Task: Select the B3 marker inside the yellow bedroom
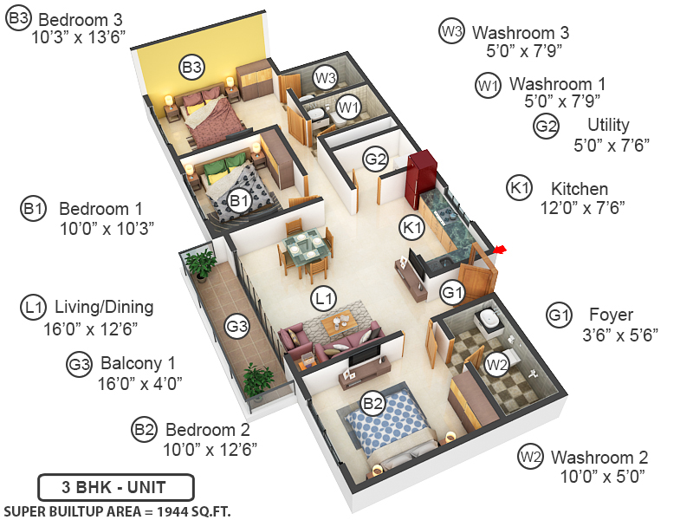[x=191, y=66]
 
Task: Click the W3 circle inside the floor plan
[x=325, y=78]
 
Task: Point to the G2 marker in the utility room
[x=375, y=159]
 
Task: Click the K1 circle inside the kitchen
[x=411, y=227]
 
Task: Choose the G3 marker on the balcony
[x=236, y=327]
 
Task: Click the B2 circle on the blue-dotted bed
[x=372, y=403]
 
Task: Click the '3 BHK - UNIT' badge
[x=115, y=486]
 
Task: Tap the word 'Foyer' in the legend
[x=611, y=315]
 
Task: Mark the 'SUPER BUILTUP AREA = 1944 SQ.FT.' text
[x=117, y=510]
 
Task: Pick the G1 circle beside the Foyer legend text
[x=560, y=315]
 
